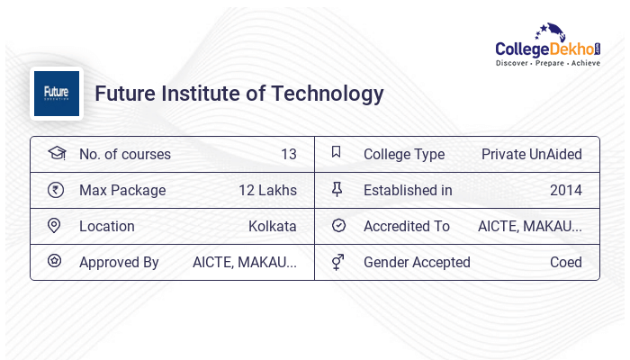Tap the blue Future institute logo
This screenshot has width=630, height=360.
coord(57,94)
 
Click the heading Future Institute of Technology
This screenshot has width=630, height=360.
coord(239,94)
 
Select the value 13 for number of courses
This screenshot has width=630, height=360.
coord(288,154)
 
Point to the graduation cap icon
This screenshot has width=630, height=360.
coord(56,154)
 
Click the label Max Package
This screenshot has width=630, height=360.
coord(122,190)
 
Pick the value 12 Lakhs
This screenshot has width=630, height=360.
coord(267,190)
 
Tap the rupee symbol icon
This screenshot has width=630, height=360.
coord(56,190)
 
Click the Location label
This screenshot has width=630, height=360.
coord(107,226)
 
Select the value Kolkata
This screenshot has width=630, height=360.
coord(272,226)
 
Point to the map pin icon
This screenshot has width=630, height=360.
coord(55,226)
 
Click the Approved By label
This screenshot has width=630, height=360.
coord(119,262)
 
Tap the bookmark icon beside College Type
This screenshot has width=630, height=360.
coord(337,153)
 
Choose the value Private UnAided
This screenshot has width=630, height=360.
coord(531,154)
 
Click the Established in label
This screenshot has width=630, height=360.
coord(408,190)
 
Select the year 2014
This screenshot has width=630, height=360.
coord(565,190)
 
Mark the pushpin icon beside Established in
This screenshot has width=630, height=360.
coord(337,190)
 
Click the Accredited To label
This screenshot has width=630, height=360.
coord(407,226)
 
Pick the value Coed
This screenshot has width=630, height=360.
coord(565,262)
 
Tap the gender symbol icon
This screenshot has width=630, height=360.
coord(337,262)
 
